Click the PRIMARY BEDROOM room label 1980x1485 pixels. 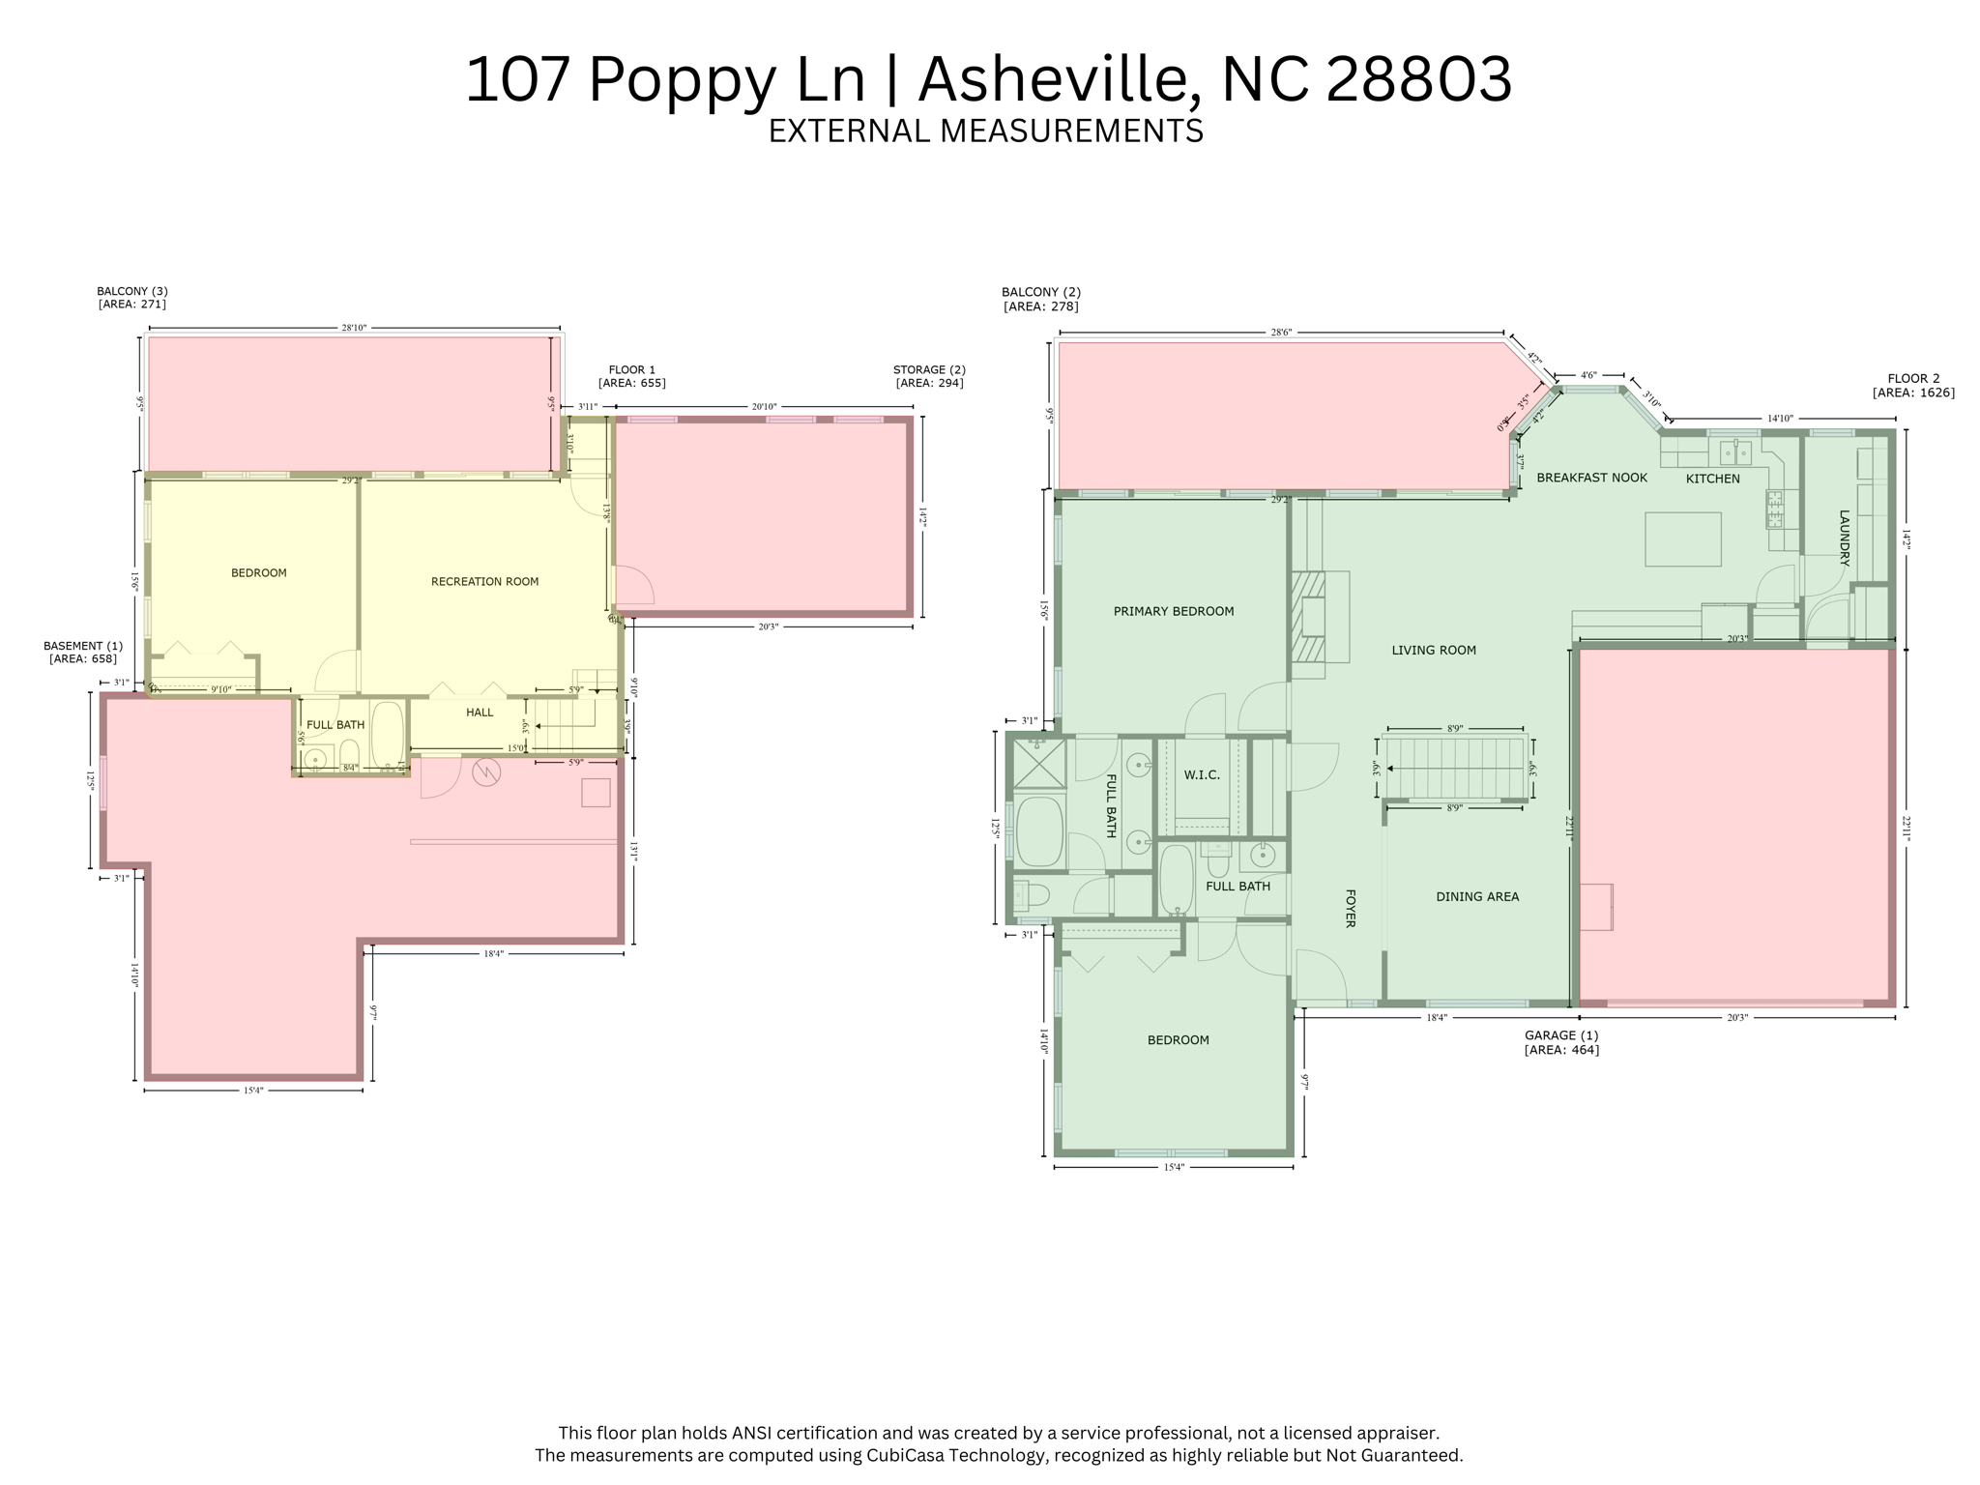[1173, 611]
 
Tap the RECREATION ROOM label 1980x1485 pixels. [484, 581]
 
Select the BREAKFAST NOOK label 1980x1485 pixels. [1591, 478]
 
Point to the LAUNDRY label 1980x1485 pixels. [1844, 538]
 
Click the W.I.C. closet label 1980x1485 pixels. [1202, 774]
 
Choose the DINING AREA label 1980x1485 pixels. [1476, 896]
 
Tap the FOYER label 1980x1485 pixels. [1351, 908]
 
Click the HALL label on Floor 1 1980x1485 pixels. [480, 713]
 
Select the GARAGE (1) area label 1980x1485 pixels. [1561, 1042]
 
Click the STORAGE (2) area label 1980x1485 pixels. [929, 376]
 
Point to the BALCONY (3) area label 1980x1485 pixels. [132, 297]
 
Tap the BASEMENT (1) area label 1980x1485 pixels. [83, 652]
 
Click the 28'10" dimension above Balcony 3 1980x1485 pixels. [354, 328]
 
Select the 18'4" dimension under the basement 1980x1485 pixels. [493, 953]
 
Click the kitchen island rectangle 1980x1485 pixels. [1683, 539]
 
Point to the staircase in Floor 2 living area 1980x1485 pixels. [1454, 768]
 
